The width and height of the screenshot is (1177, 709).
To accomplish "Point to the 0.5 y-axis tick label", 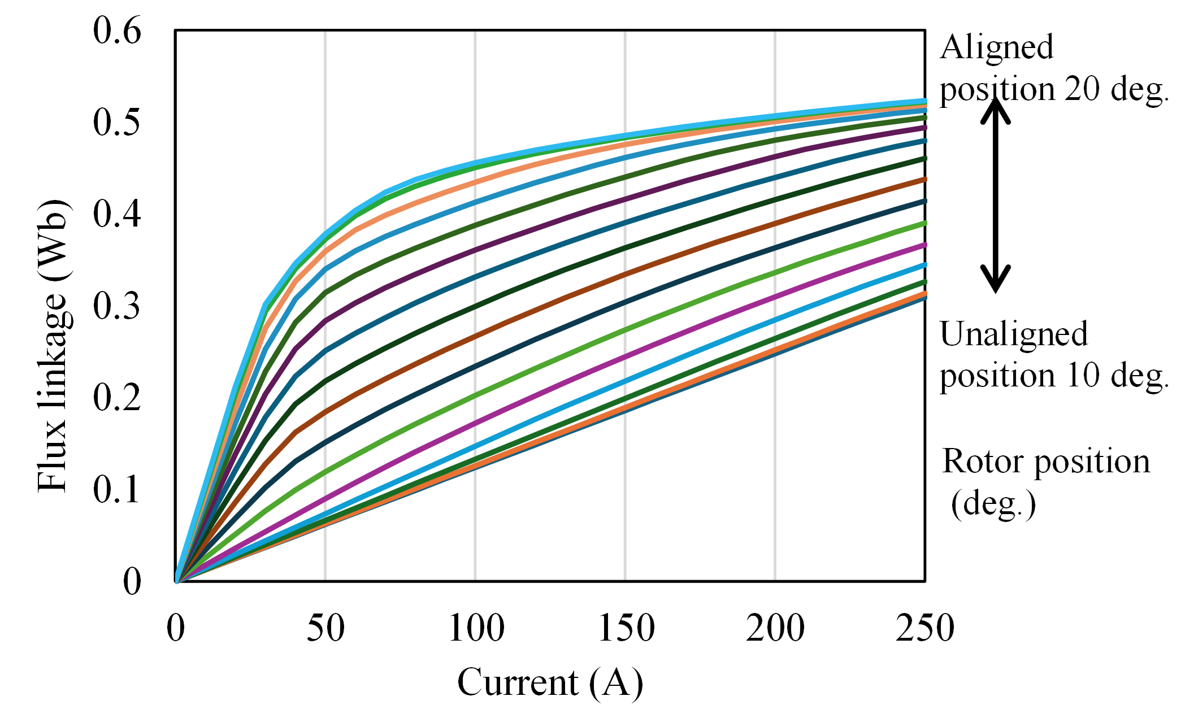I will [117, 122].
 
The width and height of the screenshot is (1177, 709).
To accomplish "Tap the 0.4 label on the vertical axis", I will [117, 214].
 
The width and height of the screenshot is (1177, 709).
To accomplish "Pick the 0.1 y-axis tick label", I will [117, 489].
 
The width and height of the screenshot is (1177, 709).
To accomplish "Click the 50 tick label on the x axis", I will [325, 628].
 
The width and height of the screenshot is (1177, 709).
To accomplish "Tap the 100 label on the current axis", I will [476, 628].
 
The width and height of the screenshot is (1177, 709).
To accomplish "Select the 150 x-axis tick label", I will [626, 628].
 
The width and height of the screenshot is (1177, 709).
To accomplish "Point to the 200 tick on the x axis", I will [775, 628].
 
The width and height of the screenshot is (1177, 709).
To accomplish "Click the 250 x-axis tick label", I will [925, 628].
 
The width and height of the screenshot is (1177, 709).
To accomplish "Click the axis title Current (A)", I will [550, 682].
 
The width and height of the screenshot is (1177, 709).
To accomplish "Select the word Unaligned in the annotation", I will [1014, 334].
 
